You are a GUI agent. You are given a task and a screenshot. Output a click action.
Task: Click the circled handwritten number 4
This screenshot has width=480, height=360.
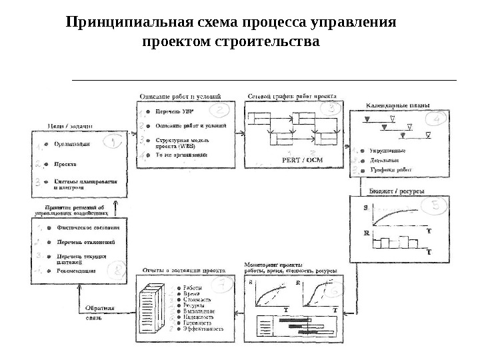438,119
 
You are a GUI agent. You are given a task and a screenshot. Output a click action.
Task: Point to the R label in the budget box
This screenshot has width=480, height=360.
366,233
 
